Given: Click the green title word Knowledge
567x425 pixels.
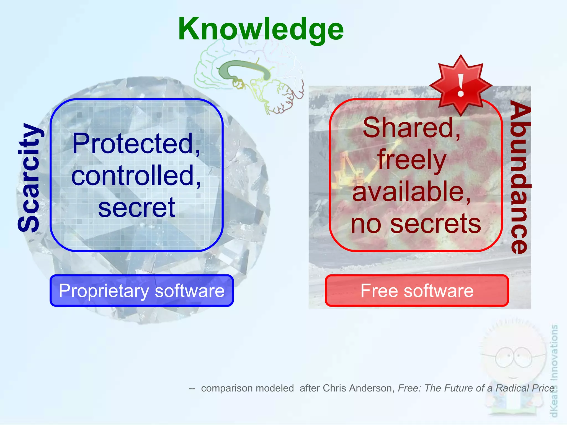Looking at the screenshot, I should (261, 29).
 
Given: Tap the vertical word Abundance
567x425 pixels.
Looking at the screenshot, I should (520, 177).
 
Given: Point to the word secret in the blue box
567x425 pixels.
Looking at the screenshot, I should (136, 208).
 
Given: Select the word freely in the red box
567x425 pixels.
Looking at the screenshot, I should (412, 160).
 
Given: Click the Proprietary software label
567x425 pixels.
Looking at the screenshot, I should (141, 291).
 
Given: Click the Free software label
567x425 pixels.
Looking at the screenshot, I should (417, 291).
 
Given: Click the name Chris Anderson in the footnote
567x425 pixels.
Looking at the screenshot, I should (358, 388).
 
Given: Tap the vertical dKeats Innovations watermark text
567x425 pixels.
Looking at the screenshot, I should (554, 371).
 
